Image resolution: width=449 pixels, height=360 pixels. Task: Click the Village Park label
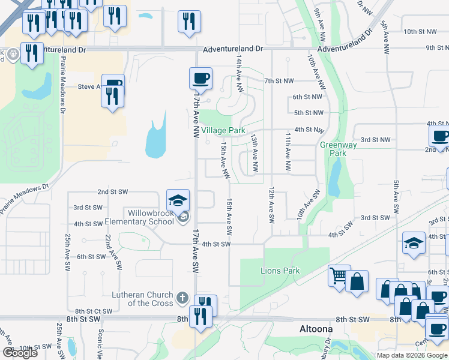tap(223, 130)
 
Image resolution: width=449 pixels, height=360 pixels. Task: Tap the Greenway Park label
tap(339, 149)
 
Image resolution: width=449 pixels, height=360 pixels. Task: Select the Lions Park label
tap(280, 271)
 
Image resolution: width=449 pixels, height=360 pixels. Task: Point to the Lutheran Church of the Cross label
tap(142, 299)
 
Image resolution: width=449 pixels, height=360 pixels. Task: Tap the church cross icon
tap(183, 298)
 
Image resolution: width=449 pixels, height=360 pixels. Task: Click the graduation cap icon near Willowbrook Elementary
tap(178, 200)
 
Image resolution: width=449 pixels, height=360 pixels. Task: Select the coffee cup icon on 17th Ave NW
tap(200, 78)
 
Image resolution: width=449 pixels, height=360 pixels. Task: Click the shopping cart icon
tap(339, 276)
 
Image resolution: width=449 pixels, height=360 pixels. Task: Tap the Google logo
tap(20, 353)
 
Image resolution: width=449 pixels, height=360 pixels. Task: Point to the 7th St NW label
tap(279, 80)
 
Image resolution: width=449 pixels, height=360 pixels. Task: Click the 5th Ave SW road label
tap(396, 199)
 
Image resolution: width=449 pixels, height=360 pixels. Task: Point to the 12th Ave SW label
tap(271, 205)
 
